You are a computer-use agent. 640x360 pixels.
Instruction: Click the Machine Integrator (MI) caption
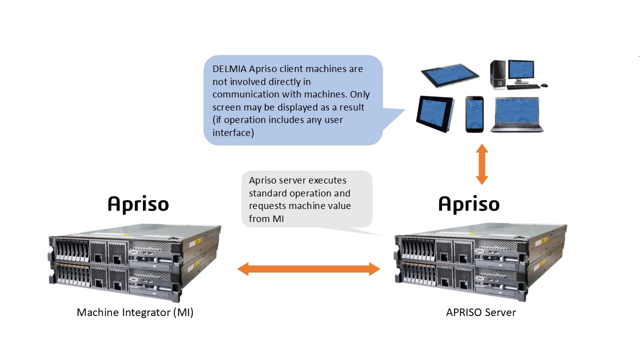tap(135, 312)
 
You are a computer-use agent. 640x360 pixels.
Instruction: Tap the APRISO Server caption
tap(480, 312)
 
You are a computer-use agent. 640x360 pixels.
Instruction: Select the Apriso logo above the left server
tap(138, 204)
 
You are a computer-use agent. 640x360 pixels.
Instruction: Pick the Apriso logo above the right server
tap(469, 204)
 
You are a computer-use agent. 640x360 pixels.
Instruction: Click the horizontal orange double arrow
tap(308, 269)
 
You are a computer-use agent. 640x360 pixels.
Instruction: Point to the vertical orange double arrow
tap(482, 164)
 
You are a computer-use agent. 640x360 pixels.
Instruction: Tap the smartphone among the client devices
tap(474, 114)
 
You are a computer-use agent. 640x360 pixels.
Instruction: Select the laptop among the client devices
tap(517, 114)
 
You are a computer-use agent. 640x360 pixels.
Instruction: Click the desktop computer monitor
tap(521, 71)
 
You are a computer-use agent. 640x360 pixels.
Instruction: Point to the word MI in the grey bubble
tap(278, 218)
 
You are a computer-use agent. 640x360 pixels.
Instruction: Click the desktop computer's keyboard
tap(522, 86)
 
